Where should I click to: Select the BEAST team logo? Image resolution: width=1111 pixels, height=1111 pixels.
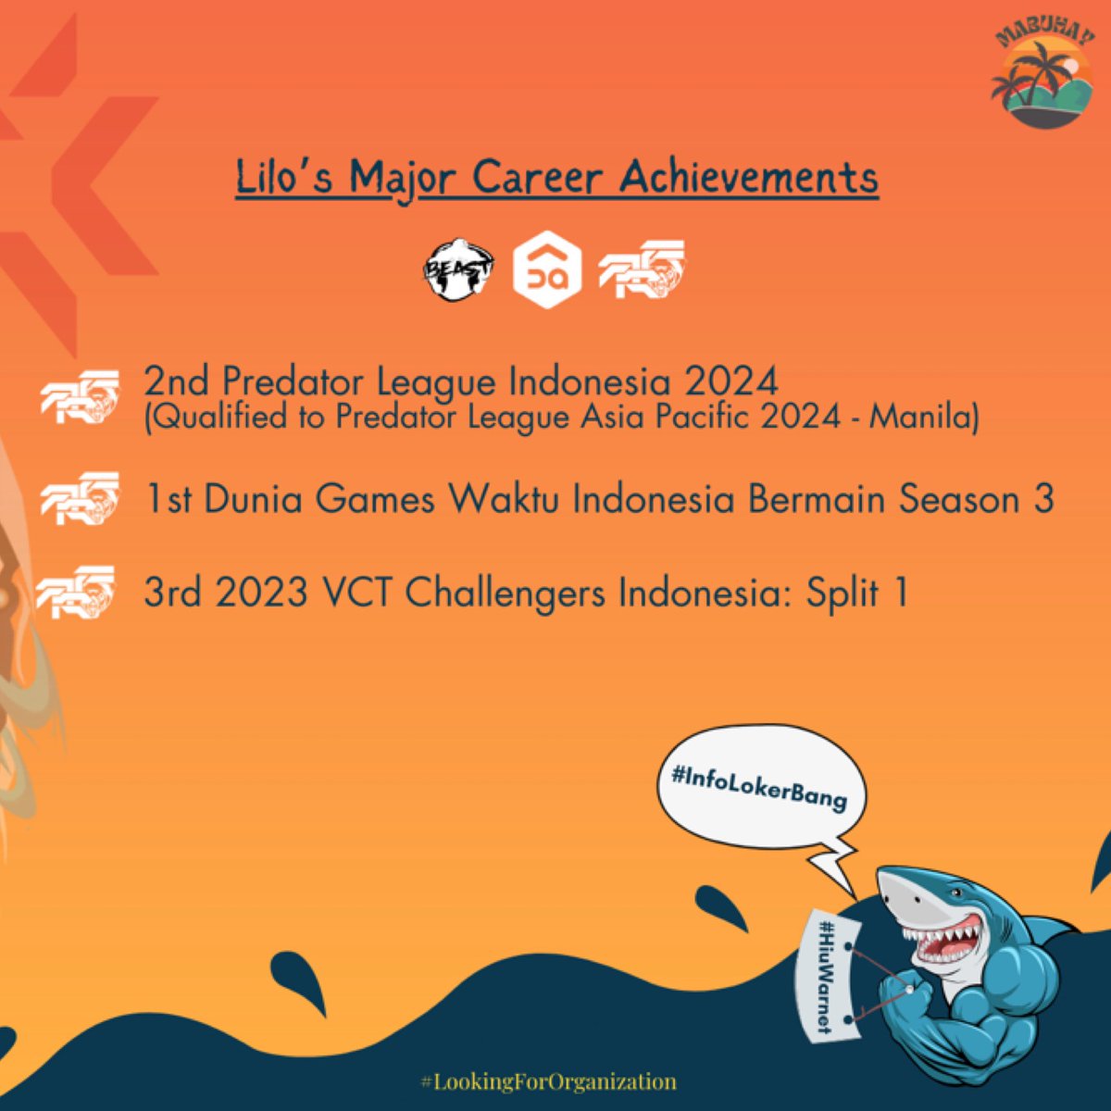(x=460, y=270)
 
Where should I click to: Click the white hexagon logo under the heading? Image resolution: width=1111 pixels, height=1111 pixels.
(x=547, y=270)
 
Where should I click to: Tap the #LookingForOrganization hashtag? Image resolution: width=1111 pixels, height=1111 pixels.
(x=548, y=1080)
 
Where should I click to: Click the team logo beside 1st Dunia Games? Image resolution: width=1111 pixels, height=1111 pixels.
(x=79, y=500)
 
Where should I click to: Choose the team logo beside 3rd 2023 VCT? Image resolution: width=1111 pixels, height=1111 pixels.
(x=76, y=593)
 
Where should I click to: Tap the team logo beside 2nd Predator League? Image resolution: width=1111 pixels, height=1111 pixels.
(x=79, y=397)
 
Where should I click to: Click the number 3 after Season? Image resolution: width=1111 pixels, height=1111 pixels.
(x=1042, y=500)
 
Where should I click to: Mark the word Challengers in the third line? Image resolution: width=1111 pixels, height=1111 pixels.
(x=506, y=593)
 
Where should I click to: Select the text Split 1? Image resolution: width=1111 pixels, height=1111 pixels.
(x=856, y=593)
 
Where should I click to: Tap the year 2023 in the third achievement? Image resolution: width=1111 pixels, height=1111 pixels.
(x=263, y=593)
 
